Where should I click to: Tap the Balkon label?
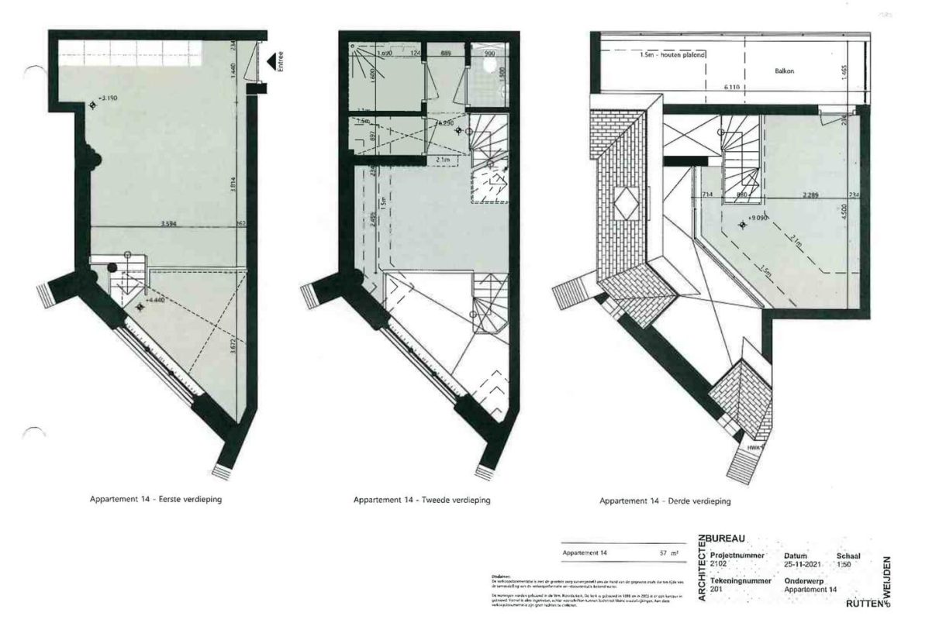click(784, 71)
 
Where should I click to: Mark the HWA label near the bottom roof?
click(751, 448)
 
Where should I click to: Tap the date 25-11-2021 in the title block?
click(803, 564)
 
